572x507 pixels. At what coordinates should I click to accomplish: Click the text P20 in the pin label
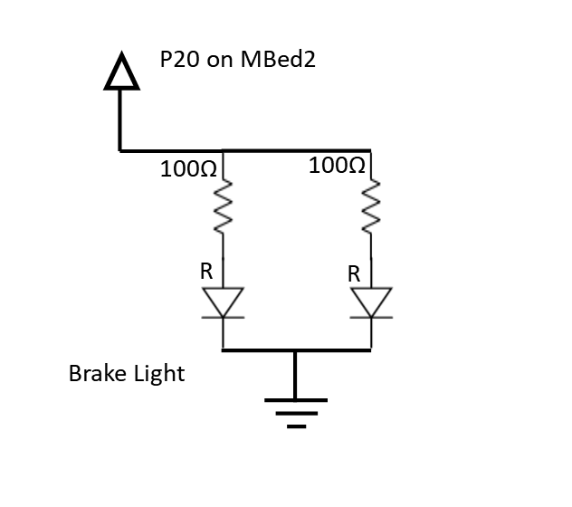point(179,61)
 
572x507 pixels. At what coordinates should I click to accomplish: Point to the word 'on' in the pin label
point(222,62)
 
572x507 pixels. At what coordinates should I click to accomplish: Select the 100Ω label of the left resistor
point(187,169)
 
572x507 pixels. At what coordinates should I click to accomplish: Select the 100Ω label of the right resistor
point(337,166)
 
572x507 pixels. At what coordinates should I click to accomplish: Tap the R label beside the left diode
point(206,270)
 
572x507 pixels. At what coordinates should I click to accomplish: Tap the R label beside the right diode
point(354,271)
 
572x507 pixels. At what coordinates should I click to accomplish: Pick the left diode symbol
point(223,302)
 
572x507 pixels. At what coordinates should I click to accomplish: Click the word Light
point(160,373)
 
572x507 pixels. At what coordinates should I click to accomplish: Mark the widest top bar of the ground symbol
point(295,399)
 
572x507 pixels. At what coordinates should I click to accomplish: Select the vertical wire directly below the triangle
point(120,118)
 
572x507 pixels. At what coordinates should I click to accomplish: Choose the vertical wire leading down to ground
point(295,374)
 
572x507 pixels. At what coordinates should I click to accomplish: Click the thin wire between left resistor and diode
point(223,263)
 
